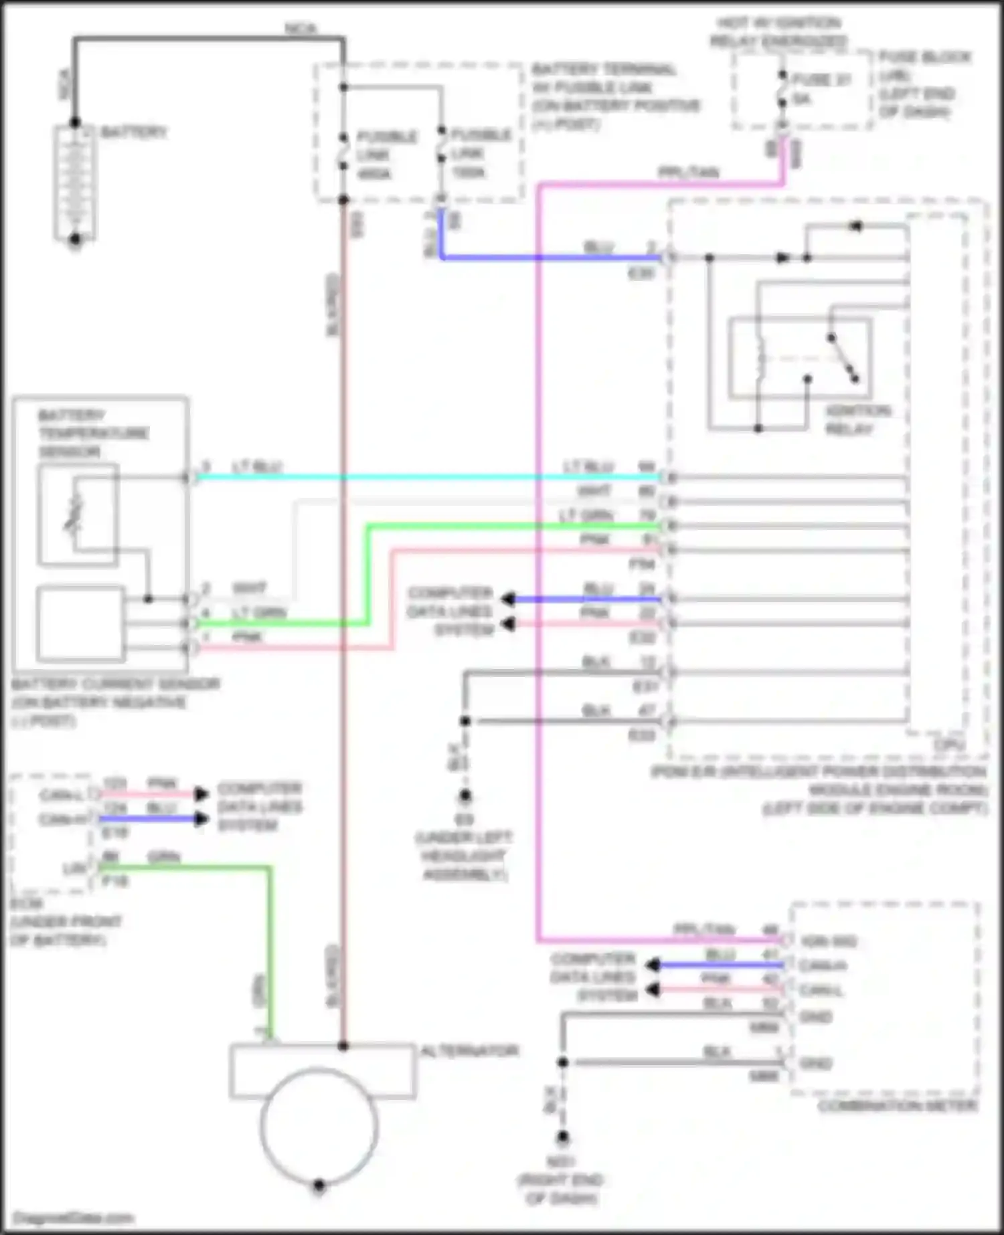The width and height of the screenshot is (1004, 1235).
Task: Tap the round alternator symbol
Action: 319,1126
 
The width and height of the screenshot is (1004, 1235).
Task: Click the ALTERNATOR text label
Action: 469,1050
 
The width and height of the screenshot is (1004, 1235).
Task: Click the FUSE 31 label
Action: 821,80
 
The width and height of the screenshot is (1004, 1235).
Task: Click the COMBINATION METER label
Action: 897,1106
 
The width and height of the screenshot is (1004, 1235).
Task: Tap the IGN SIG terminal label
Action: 829,941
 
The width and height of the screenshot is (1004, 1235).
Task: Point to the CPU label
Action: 950,744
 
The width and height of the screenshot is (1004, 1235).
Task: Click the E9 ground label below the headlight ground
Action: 464,820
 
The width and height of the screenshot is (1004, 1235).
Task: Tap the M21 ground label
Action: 561,1162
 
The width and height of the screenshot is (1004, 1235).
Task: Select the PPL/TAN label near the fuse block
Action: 688,173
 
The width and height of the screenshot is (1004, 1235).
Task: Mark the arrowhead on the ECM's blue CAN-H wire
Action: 201,819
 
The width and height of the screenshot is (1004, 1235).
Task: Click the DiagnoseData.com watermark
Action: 74,1218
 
